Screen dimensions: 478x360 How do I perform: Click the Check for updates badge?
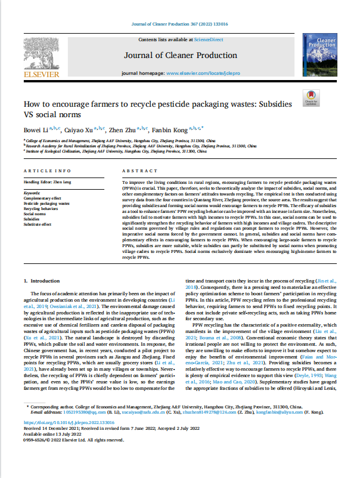tap(311, 98)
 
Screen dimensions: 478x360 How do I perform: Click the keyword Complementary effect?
tap(42, 198)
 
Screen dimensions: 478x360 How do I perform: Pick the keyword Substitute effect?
tap(38, 224)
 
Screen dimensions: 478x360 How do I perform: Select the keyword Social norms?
tap(35, 214)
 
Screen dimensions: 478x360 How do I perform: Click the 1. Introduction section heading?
tap(45, 280)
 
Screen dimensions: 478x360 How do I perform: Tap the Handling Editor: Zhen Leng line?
tap(46, 182)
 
